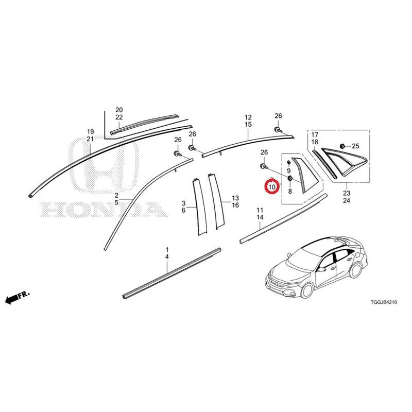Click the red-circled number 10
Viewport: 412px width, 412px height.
272,187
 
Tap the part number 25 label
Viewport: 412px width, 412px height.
355,146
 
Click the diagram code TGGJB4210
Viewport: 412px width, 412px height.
384,302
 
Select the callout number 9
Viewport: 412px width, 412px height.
289,171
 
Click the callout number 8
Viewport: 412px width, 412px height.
290,191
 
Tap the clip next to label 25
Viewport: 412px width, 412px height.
343,146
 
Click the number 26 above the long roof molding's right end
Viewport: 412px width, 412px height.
278,116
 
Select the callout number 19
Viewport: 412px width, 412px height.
90,132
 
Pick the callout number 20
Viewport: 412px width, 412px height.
119,110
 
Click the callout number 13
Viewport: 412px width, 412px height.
235,198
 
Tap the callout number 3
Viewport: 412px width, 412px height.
183,203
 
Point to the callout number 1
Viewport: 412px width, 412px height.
167,249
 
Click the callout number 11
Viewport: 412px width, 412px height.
260,210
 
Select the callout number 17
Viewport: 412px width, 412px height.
315,135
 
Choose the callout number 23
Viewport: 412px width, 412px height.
347,193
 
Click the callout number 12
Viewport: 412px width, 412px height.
248,117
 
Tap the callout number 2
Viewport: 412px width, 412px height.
116,196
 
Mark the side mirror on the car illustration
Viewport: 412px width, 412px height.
320,269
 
